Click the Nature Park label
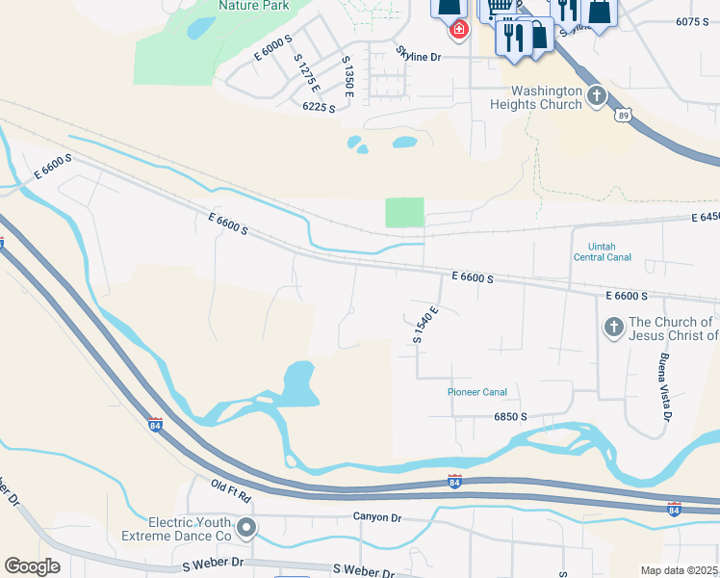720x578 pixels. pyautogui.click(x=253, y=5)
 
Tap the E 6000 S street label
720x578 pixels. pyautogui.click(x=273, y=49)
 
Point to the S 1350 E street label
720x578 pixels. pyautogui.click(x=348, y=76)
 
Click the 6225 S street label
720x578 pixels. pyautogui.click(x=319, y=108)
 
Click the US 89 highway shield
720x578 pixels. pyautogui.click(x=622, y=115)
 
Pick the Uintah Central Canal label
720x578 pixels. pyautogui.click(x=602, y=252)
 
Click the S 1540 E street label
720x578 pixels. pyautogui.click(x=425, y=325)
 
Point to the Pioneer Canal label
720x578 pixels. pyautogui.click(x=477, y=392)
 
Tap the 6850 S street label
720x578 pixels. pyautogui.click(x=510, y=417)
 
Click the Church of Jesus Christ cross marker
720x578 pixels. pyautogui.click(x=613, y=328)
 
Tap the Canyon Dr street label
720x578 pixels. pyautogui.click(x=376, y=517)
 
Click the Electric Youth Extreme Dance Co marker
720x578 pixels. pyautogui.click(x=247, y=527)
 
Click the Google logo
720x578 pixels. pyautogui.click(x=32, y=566)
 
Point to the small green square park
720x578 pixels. pyautogui.click(x=404, y=212)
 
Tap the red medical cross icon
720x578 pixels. pyautogui.click(x=459, y=30)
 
